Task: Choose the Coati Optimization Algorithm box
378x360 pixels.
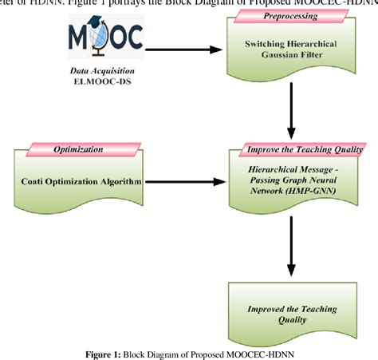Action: pos(80,182)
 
